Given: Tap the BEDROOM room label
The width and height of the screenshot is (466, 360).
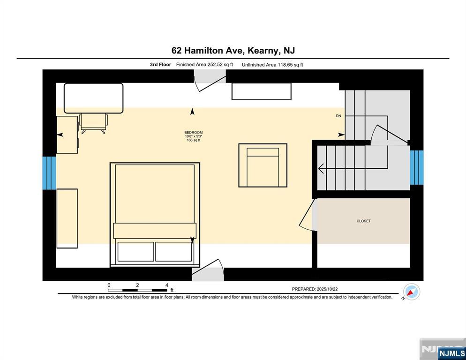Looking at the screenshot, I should click(x=193, y=133).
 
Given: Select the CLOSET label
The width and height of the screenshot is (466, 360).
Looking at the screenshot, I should click(x=363, y=221).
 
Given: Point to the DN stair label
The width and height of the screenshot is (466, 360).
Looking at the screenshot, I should click(x=338, y=116).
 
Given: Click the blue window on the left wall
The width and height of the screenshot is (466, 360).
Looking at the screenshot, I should click(x=49, y=173).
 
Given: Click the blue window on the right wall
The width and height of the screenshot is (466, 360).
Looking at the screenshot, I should click(x=416, y=167).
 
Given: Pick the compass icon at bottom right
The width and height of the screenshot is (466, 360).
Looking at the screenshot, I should click(x=412, y=292).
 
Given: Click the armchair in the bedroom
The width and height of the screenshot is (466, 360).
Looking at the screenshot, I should click(x=263, y=165).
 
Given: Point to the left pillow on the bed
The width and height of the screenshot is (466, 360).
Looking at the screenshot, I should click(x=135, y=252).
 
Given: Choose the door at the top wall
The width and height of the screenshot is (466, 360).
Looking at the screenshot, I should click(x=210, y=81).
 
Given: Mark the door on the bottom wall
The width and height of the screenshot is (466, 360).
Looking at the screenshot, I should click(x=208, y=271).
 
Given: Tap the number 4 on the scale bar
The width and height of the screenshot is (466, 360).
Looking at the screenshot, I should click(x=166, y=285).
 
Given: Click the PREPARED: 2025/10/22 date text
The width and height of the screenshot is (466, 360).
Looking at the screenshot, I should click(x=321, y=290).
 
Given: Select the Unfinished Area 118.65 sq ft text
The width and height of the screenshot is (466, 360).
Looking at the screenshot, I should click(x=272, y=65).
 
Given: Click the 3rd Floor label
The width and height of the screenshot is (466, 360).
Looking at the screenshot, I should click(x=160, y=65).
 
